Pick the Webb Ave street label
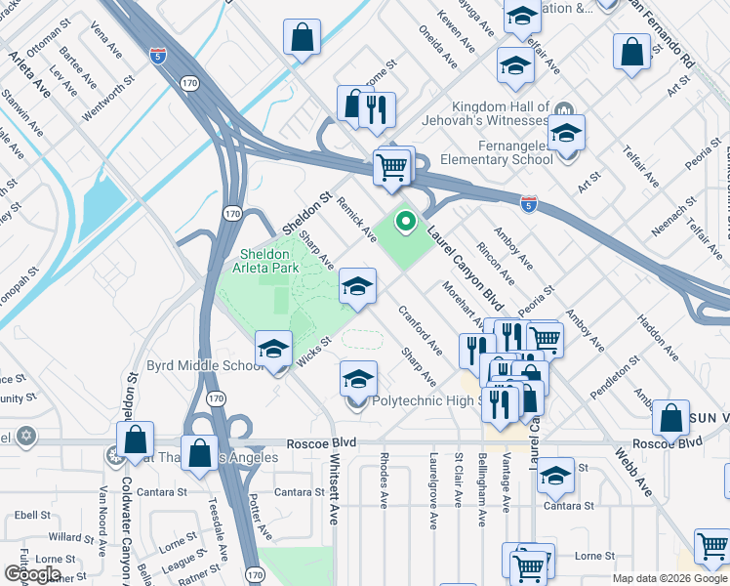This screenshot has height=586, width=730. coord(632,468)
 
